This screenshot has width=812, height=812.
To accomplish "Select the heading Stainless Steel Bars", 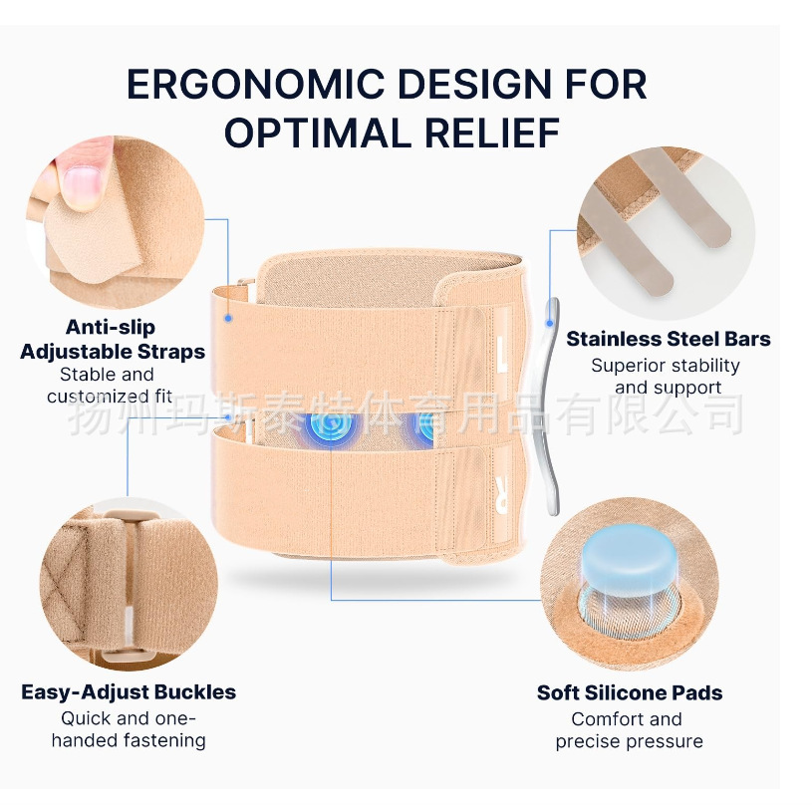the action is [x=669, y=339].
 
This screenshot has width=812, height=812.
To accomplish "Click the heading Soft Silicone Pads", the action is [x=630, y=692].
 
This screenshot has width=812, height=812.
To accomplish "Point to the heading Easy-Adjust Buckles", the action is [x=129, y=691].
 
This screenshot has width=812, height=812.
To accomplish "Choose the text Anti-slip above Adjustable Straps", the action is [x=111, y=327].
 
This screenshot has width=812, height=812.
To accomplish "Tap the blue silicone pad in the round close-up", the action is [x=629, y=553].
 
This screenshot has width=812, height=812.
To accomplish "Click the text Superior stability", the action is [x=666, y=366].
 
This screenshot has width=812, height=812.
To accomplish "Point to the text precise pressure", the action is [x=629, y=741].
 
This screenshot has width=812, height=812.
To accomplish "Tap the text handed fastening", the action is [x=129, y=740].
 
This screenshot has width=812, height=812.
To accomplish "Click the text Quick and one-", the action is [x=129, y=718].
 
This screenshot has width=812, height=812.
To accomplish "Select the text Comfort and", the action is [x=627, y=719].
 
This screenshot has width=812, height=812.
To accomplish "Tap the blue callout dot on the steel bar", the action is [x=549, y=321].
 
